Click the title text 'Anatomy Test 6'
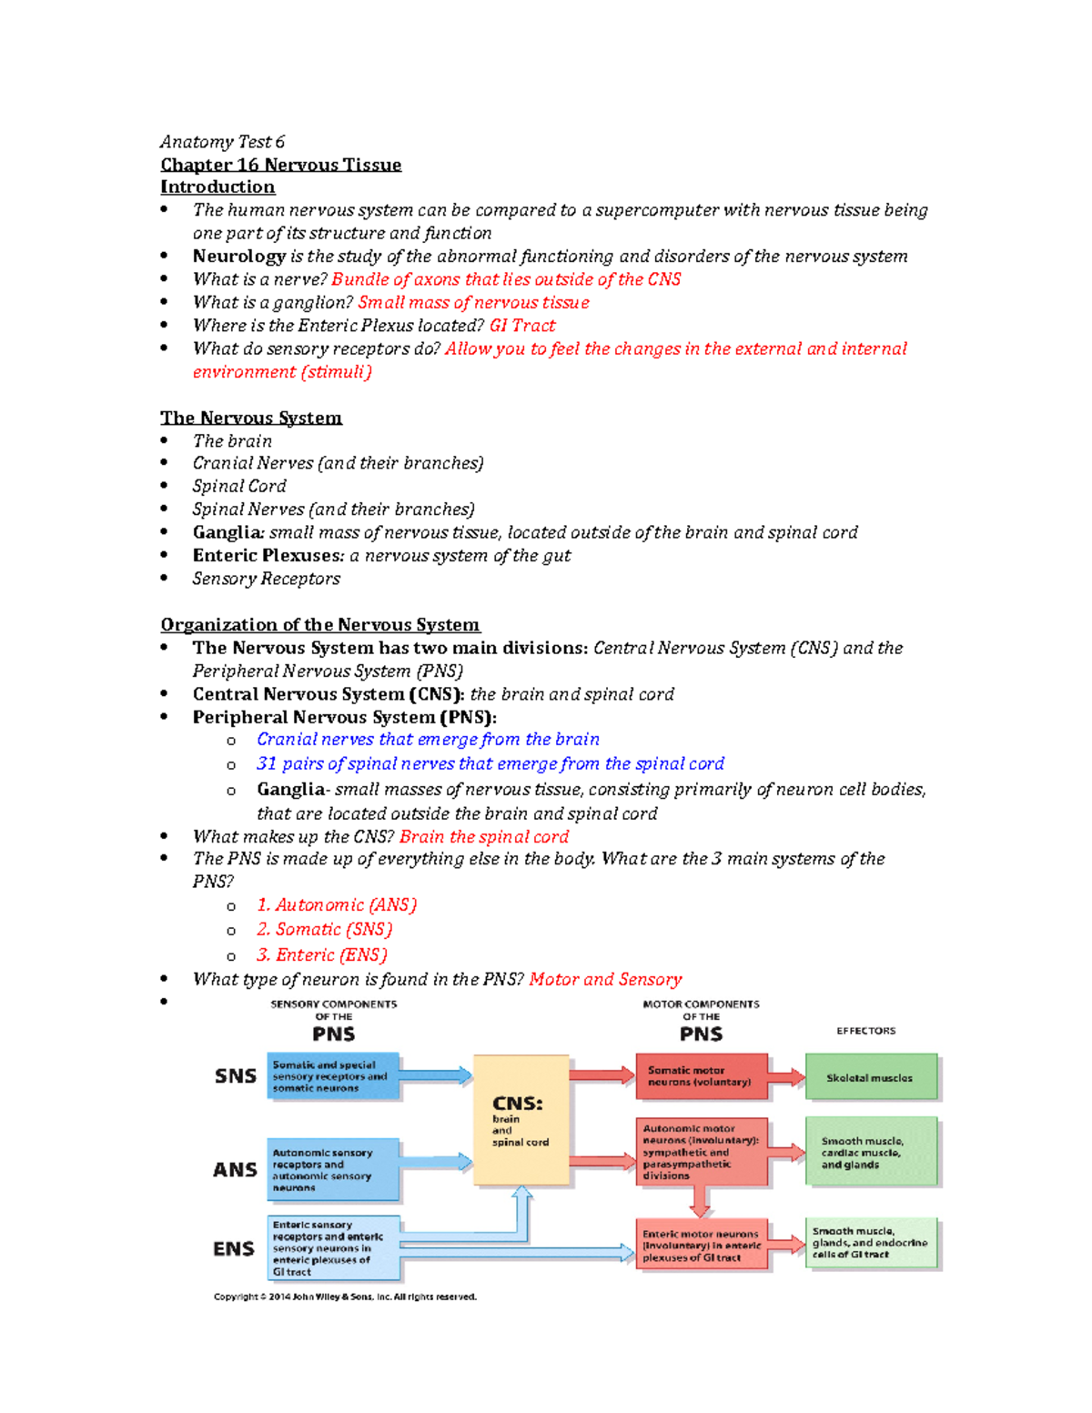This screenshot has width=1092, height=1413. coord(222,142)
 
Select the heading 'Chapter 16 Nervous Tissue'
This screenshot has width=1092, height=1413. coord(280,165)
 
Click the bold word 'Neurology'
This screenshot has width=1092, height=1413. coord(238,257)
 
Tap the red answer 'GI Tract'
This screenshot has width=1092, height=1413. coord(522,326)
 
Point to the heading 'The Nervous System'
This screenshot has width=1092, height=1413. coord(251,418)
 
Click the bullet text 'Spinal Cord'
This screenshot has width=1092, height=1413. coord(239,486)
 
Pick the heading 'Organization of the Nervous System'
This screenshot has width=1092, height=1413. coord(320,625)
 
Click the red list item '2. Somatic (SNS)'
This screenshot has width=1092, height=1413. coord(324,929)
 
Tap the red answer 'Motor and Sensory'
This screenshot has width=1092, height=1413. coord(605,979)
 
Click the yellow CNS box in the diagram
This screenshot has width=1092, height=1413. coord(521,1120)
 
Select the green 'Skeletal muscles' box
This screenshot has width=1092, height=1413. coord(870,1077)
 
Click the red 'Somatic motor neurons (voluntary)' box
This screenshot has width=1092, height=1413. coord(701,1076)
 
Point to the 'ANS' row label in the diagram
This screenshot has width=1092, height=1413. coord(235,1169)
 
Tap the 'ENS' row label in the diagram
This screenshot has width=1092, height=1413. coord(234,1248)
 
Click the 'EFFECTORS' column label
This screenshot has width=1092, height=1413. coord(865,1031)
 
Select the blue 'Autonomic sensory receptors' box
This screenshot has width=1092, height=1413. coord(333,1169)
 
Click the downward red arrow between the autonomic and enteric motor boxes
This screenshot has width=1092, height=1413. coord(700,1203)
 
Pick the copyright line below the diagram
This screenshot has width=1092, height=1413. coord(345,1297)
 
